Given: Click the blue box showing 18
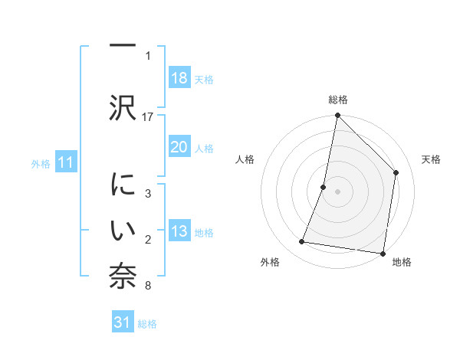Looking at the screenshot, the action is [179, 78].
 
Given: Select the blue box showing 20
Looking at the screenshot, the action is [179, 147].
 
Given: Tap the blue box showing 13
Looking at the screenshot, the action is [179, 232].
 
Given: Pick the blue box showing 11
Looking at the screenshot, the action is [66, 162].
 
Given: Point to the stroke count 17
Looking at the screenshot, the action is [148, 116].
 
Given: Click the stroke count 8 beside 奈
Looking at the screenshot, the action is [148, 286].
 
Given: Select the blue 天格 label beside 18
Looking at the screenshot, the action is [204, 79].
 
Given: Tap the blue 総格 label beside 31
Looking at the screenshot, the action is [147, 324].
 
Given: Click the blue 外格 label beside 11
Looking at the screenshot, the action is [41, 163].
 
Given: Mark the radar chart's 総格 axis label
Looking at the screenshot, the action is [337, 100].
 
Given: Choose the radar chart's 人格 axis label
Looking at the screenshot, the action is [245, 159].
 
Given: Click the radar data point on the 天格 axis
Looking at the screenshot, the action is [396, 172].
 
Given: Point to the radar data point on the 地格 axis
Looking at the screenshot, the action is [383, 254].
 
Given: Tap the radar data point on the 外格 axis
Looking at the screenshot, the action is [302, 242].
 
